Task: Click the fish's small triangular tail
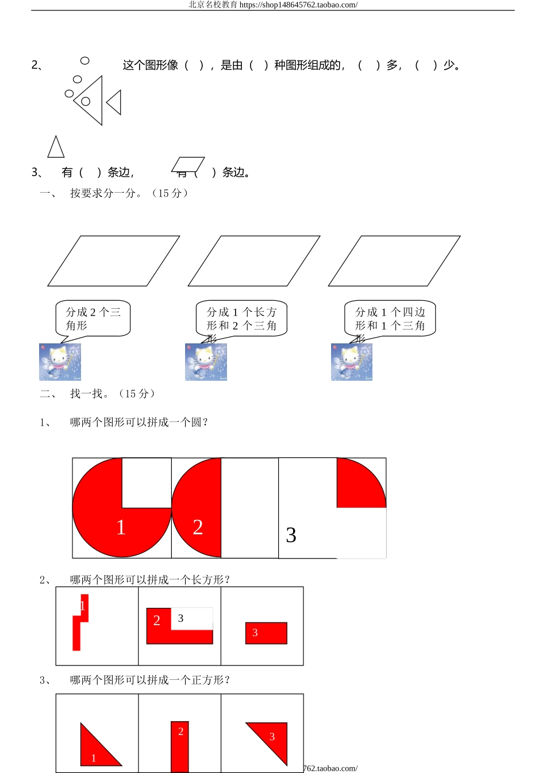(x=115, y=102)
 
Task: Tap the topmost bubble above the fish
(x=85, y=60)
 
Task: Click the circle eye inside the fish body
(x=86, y=101)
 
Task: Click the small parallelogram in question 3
(x=188, y=164)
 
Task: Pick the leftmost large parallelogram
(x=114, y=261)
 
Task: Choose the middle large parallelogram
(x=254, y=261)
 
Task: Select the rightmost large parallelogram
(x=394, y=261)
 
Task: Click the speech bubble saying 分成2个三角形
(x=93, y=319)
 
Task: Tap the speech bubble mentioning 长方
(x=241, y=319)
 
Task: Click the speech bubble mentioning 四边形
(x=390, y=319)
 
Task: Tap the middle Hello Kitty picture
(x=206, y=362)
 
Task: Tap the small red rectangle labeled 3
(x=266, y=633)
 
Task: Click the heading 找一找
(x=90, y=394)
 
